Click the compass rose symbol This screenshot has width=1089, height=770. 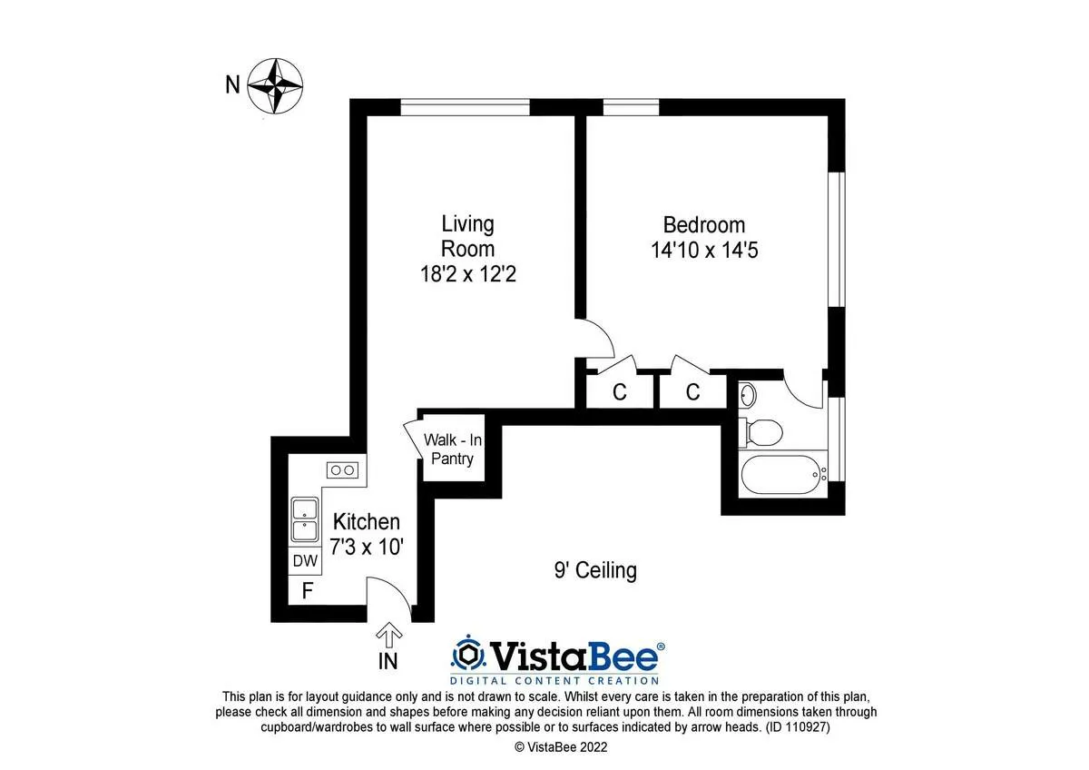click(x=275, y=85)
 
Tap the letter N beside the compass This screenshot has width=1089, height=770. click(x=232, y=85)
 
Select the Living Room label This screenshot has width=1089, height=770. click(x=467, y=235)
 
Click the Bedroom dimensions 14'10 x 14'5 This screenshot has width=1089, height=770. click(x=703, y=250)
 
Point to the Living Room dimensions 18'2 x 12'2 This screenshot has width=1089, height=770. click(x=467, y=273)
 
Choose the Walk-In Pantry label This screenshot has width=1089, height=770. click(x=453, y=449)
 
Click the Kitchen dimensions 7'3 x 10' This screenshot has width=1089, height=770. click(x=366, y=548)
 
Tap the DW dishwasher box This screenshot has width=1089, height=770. click(x=304, y=561)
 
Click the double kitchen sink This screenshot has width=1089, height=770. click(x=304, y=519)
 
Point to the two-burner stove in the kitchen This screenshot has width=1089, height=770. click(x=343, y=469)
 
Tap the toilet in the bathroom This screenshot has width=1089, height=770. click(x=761, y=433)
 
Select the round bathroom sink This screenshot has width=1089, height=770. click(x=748, y=396)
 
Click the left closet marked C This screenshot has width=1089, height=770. click(x=620, y=392)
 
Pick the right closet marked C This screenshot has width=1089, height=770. click(x=692, y=392)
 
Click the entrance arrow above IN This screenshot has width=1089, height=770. click(x=389, y=633)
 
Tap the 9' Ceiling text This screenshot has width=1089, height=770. click(x=595, y=570)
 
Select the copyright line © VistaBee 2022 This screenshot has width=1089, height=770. click(x=561, y=747)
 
